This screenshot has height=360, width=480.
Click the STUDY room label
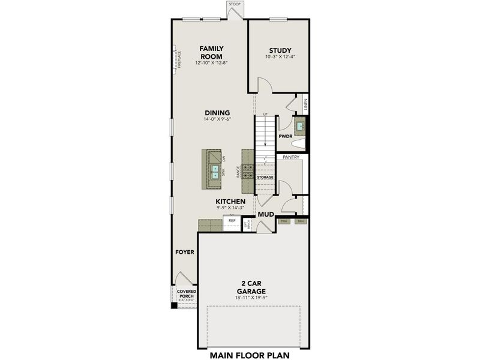click(280, 50)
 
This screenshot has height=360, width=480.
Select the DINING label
click(217, 112)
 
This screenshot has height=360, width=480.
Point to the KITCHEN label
click(231, 201)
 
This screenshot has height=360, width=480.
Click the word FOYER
click(185, 253)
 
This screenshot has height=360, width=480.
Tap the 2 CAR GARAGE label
click(253, 286)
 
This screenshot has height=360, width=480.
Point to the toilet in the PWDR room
click(301, 142)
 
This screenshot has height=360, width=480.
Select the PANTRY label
click(291, 158)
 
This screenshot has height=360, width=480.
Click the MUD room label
click(265, 214)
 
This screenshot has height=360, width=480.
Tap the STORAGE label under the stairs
click(265, 178)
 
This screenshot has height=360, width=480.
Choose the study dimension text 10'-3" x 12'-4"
click(280, 58)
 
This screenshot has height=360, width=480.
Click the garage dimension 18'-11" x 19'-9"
click(253, 297)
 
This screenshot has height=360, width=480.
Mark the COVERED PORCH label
click(186, 293)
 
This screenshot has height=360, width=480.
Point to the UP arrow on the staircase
click(265, 114)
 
